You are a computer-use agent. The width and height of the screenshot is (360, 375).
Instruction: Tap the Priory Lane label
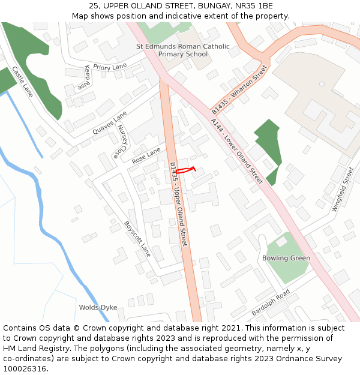[111, 67]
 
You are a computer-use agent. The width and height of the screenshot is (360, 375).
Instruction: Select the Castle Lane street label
[23, 82]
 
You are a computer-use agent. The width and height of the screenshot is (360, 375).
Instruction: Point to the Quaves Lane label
[110, 122]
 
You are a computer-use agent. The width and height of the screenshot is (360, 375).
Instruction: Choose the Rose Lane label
[147, 157]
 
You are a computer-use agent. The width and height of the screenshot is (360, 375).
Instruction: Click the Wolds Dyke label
[98, 307]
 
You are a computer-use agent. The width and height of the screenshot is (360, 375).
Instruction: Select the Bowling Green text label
[286, 258]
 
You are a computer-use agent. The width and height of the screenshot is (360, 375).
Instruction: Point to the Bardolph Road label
[271, 303]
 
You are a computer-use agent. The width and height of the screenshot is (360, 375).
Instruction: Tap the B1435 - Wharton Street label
[239, 90]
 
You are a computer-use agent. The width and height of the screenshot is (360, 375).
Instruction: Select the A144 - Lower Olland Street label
[237, 151]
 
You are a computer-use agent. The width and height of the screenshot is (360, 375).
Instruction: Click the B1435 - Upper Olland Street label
[179, 204]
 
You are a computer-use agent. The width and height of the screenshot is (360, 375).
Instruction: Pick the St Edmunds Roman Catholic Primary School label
[183, 50]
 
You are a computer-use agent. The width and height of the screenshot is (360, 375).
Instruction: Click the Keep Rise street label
[83, 78]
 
